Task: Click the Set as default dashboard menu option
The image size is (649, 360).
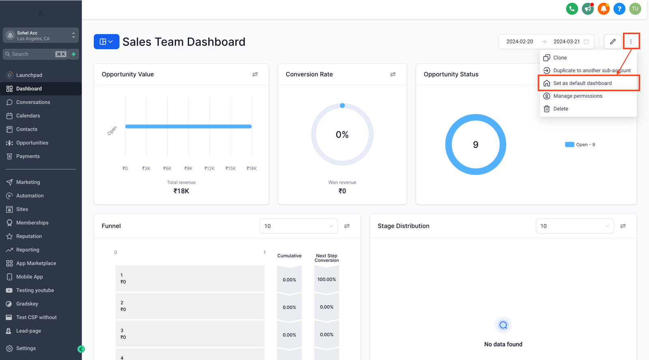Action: tap(582, 83)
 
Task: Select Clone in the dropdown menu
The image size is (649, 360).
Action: tap(560, 58)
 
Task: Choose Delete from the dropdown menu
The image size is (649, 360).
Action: tap(561, 109)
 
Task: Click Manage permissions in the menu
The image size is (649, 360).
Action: tap(578, 96)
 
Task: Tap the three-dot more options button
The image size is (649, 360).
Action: tap(631, 41)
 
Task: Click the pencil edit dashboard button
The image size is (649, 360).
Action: tap(612, 41)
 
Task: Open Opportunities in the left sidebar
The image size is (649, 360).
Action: tap(32, 143)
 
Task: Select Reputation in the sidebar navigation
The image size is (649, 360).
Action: tap(29, 236)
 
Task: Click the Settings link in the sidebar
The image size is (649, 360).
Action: tap(26, 348)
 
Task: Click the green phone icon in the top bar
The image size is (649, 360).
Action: tap(572, 9)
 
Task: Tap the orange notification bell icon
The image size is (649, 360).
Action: tap(604, 9)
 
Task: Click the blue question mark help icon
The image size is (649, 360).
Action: tap(619, 9)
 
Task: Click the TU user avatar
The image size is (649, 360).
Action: tap(635, 9)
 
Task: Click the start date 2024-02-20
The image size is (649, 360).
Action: tap(520, 41)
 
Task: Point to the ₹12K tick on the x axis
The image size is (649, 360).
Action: tap(209, 168)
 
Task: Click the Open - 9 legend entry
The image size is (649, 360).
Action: tap(580, 145)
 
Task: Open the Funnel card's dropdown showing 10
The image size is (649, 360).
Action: tap(299, 226)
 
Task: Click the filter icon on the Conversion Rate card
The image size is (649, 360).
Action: tap(393, 74)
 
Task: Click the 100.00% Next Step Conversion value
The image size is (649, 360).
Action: tap(327, 279)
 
